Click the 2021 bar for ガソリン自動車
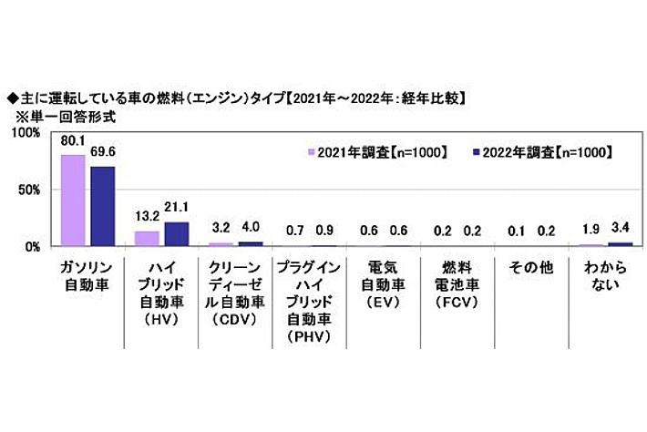pos(73,201)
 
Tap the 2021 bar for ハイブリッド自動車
pos(147,239)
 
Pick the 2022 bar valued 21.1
pos(176,234)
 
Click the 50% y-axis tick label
pos(28,190)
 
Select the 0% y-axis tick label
pos(32,246)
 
